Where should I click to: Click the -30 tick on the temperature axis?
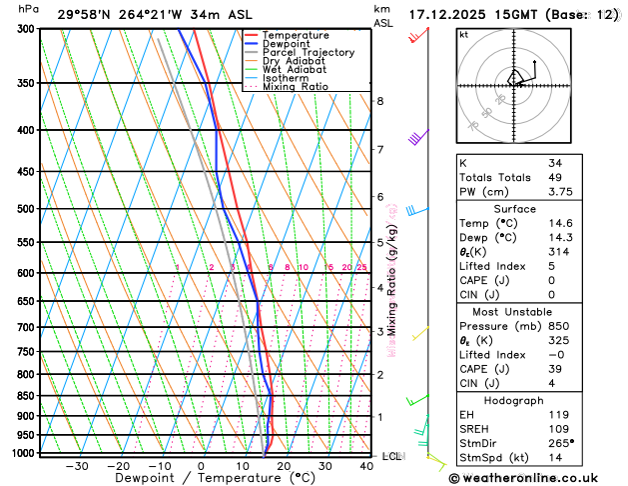tap(76, 466)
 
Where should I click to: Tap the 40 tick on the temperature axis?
tap(367, 466)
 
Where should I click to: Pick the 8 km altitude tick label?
tap(379, 101)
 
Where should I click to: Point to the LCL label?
tap(392, 456)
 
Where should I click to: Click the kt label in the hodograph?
tap(463, 35)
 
